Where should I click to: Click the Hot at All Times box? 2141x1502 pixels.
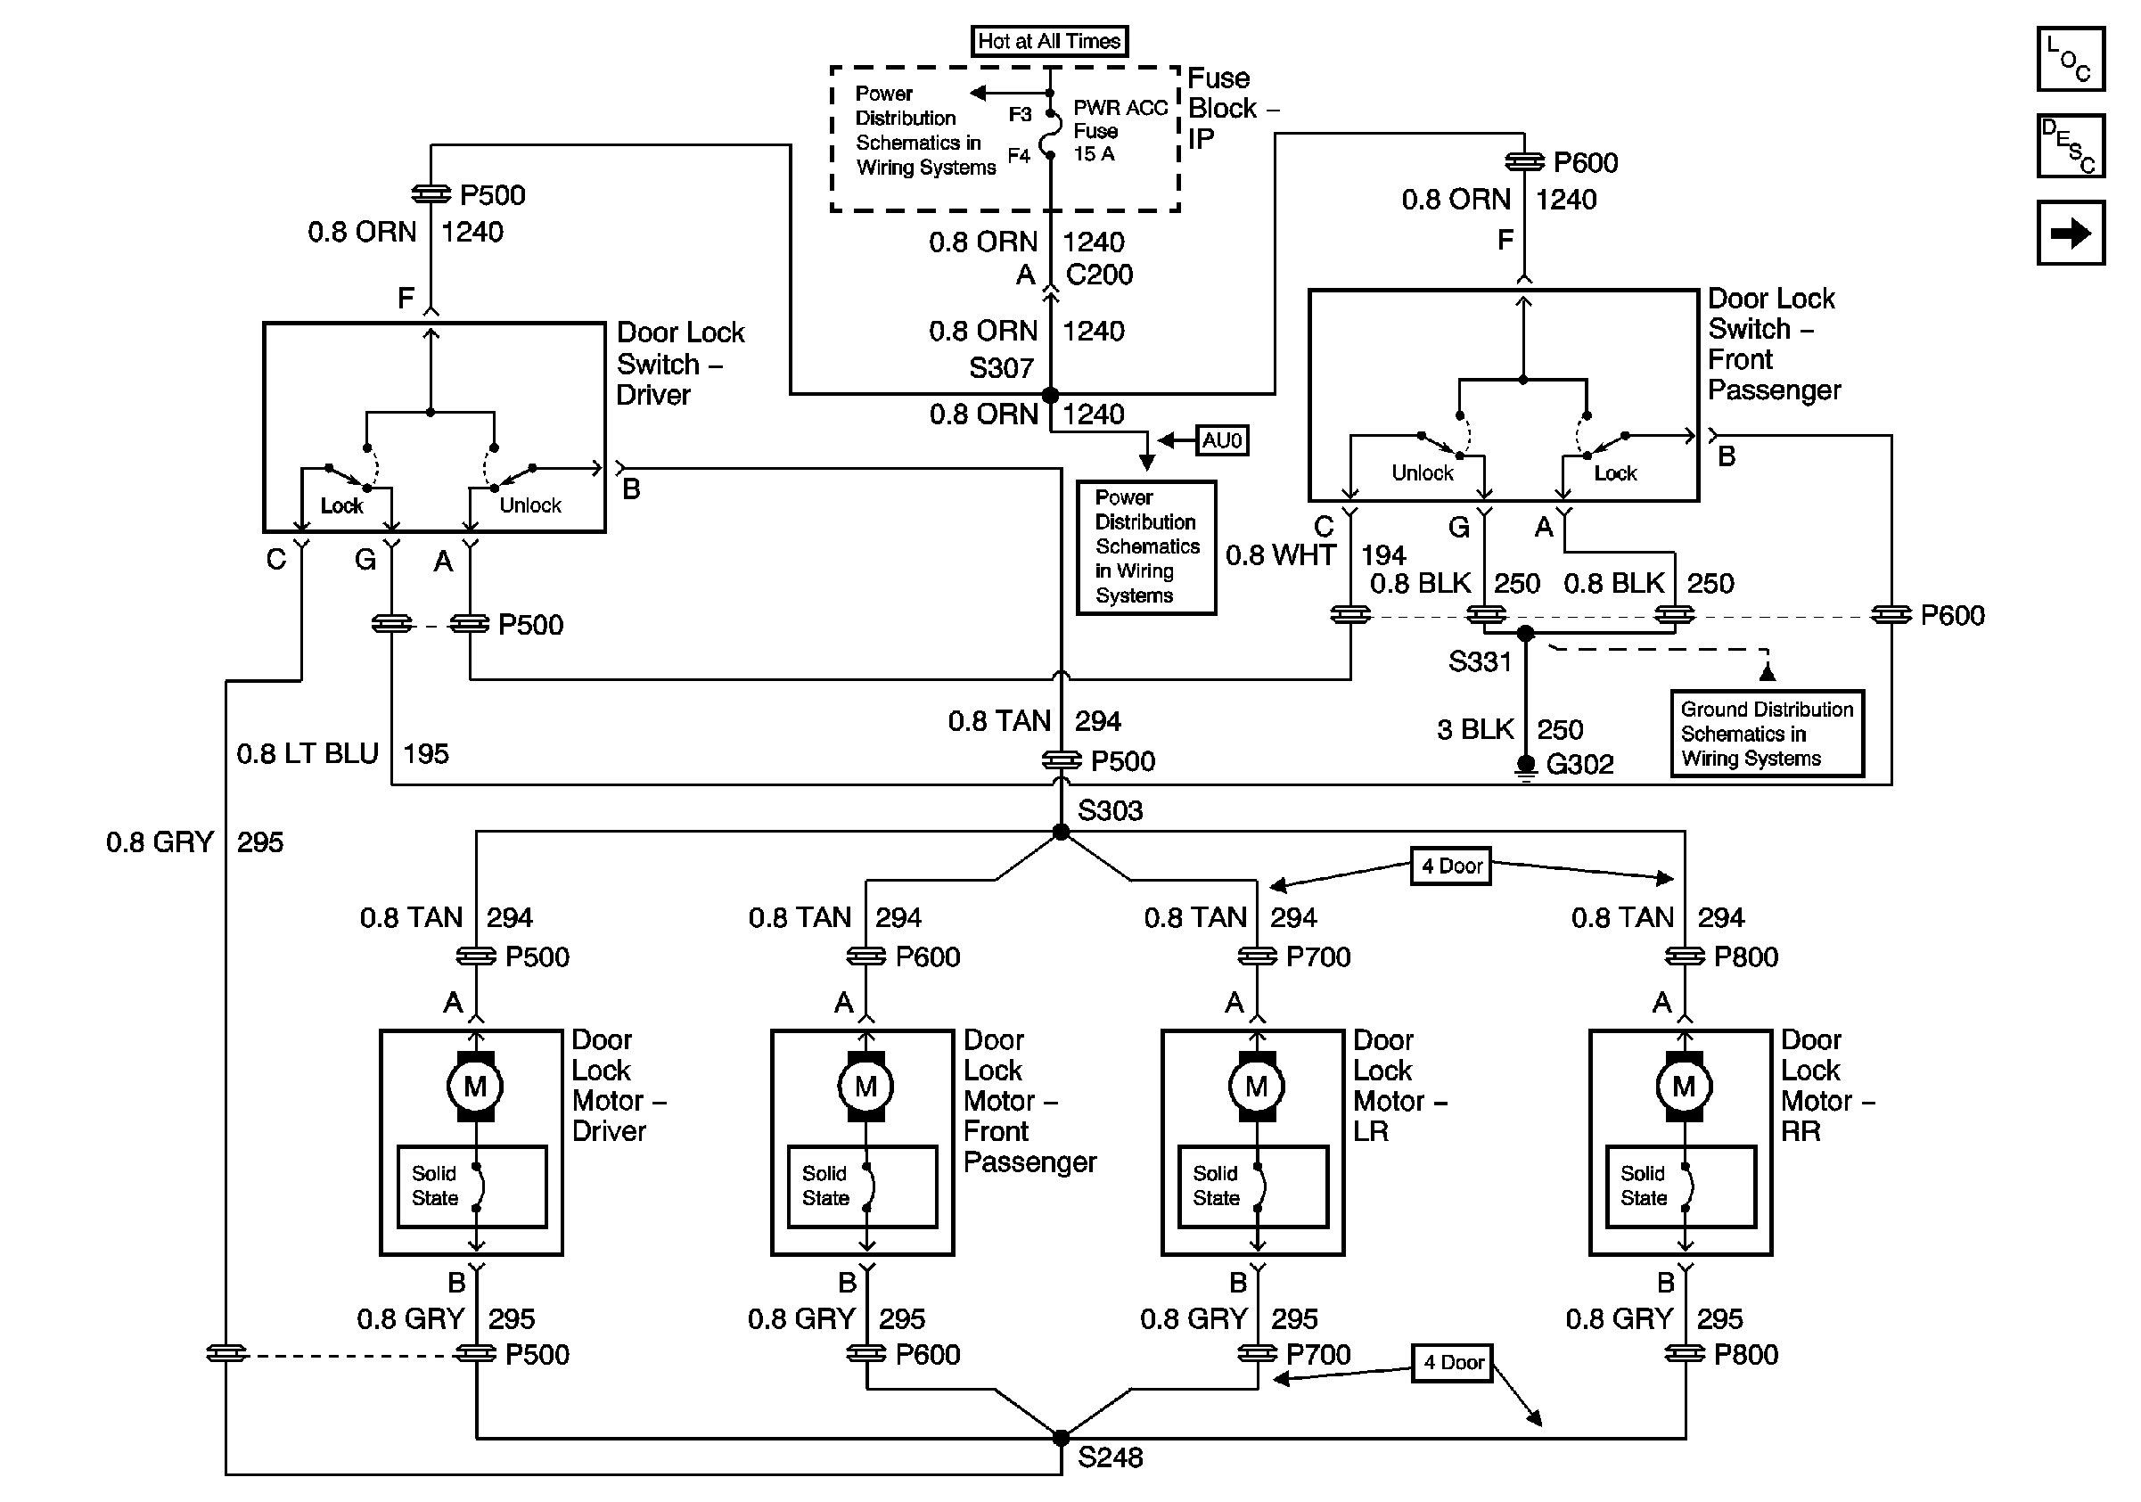[x=1049, y=41]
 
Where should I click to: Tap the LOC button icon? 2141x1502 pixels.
[x=2070, y=59]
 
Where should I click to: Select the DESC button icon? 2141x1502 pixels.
[x=2070, y=145]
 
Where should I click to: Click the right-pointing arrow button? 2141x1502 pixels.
[x=2070, y=232]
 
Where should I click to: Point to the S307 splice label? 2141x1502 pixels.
[x=1001, y=368]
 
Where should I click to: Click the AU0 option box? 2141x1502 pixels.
[x=1221, y=440]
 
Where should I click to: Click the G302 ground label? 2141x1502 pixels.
[x=1579, y=765]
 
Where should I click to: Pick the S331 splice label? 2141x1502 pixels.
[x=1479, y=662]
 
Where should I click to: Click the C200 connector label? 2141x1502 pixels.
[x=1098, y=275]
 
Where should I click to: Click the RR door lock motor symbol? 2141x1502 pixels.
[x=1683, y=1087]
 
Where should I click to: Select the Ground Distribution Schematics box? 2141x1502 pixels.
[x=1767, y=734]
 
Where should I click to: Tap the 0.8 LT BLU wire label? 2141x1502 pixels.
[x=307, y=753]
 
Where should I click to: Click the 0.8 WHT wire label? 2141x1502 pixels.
[x=1280, y=555]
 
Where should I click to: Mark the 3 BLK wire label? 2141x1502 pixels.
[x=1474, y=729]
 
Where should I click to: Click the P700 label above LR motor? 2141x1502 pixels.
[x=1317, y=956]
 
